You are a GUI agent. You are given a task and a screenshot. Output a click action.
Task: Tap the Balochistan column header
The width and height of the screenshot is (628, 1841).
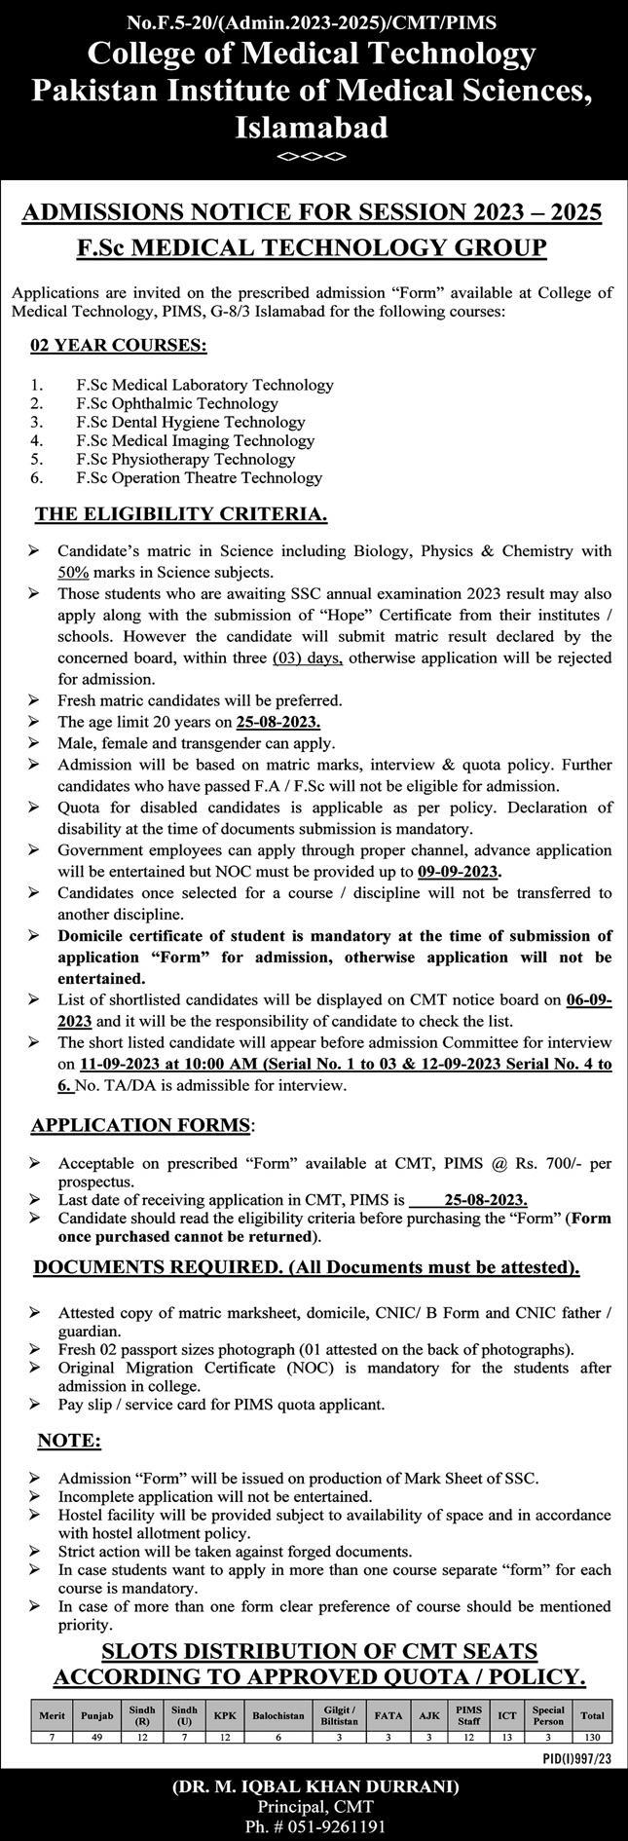tap(277, 1715)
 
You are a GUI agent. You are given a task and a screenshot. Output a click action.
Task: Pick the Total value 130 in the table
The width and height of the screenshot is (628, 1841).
tap(591, 1736)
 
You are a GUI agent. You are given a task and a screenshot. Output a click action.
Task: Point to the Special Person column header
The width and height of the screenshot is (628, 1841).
tap(548, 1715)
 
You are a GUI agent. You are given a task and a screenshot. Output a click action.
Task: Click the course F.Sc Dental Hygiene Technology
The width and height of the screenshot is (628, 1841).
tap(190, 422)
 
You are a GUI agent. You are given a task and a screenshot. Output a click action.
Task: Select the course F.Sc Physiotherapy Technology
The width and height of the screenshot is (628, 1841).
tap(185, 459)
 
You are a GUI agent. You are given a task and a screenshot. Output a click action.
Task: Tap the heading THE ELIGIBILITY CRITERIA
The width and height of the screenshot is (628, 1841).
tap(180, 513)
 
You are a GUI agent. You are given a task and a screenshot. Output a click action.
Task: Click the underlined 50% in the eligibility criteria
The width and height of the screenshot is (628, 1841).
tap(73, 572)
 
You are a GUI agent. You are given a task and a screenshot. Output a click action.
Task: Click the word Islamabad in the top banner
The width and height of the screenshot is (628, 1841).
tap(313, 127)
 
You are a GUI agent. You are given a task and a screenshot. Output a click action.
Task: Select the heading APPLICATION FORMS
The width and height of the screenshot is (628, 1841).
tap(141, 1125)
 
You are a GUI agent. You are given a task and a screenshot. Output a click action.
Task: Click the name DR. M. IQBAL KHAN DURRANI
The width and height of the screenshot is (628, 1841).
tap(314, 1780)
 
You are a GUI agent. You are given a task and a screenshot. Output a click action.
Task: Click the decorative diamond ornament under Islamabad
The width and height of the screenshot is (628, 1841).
tap(313, 156)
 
